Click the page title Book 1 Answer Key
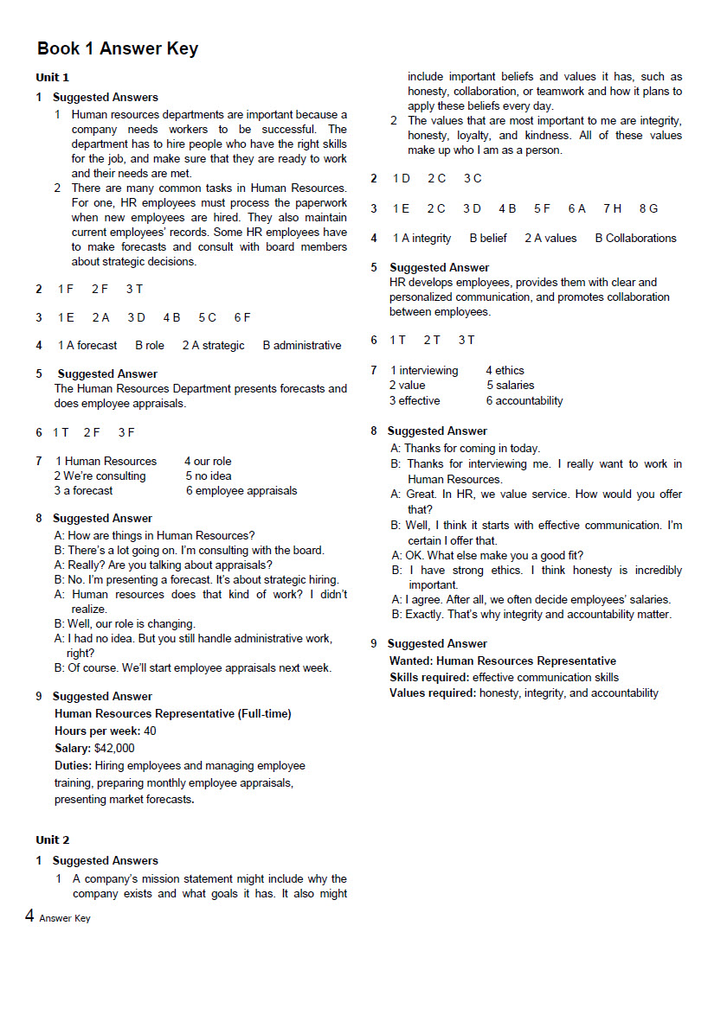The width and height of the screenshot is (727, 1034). (118, 48)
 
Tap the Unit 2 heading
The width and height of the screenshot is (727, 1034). (52, 839)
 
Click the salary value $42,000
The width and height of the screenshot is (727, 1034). (115, 748)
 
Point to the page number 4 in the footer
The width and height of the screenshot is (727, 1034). (29, 916)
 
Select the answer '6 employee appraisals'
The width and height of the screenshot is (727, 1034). (241, 490)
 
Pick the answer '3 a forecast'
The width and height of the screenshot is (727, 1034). (83, 490)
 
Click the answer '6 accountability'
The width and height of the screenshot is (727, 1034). (524, 400)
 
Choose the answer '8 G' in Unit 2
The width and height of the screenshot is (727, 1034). (648, 208)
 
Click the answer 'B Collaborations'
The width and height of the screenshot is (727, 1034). (635, 238)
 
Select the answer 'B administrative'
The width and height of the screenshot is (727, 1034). (302, 345)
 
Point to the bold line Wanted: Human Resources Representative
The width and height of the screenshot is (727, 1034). (503, 661)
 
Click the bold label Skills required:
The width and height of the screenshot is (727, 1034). (429, 677)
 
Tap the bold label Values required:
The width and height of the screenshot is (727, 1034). (433, 693)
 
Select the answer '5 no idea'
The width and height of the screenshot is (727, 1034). (209, 476)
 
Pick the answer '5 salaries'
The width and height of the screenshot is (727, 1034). (511, 385)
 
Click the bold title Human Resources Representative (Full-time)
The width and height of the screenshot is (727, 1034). (173, 713)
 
